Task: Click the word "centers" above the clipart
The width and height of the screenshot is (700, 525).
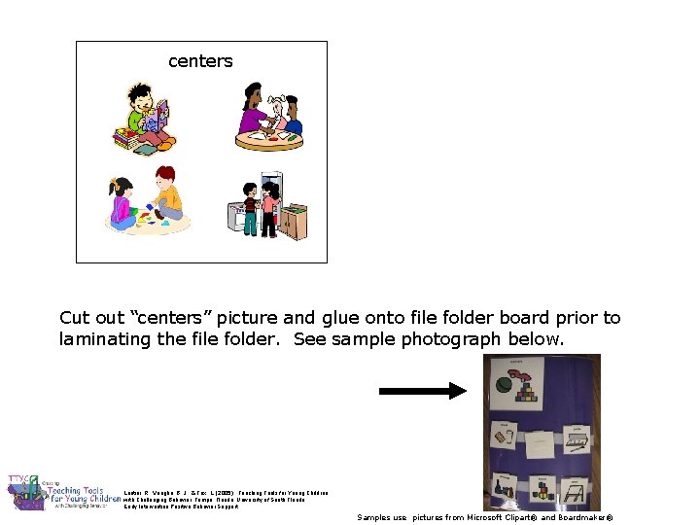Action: coord(200,61)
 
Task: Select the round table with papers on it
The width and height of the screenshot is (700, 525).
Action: coord(269,138)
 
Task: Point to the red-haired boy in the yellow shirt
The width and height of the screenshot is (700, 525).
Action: coord(166,194)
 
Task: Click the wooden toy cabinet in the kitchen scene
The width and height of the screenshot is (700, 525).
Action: coord(294,222)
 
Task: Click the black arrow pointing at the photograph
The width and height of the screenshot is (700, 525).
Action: coord(423,391)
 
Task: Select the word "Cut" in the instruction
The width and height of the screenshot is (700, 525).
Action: coord(76,318)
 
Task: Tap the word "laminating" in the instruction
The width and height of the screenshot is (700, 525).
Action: coord(104,339)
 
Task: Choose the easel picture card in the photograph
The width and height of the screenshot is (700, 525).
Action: coord(575,491)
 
